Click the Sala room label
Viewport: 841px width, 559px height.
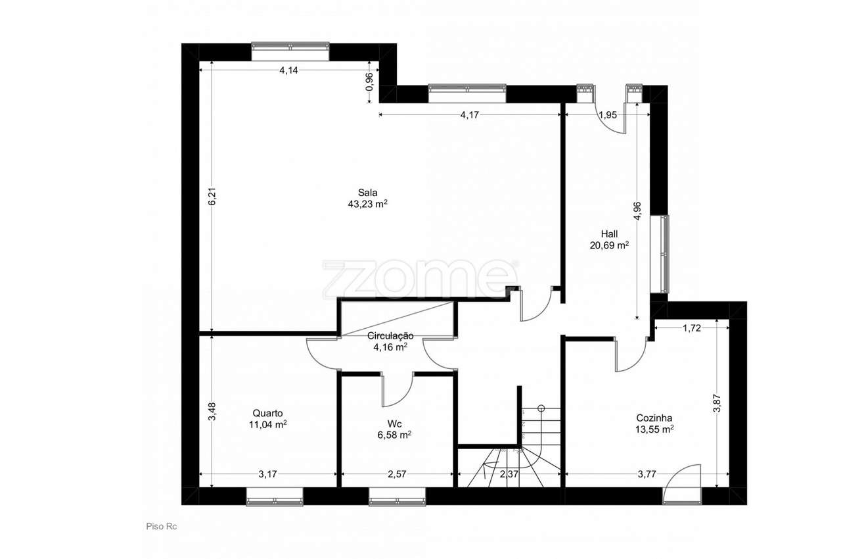(x=367, y=193)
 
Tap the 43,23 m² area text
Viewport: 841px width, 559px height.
(x=367, y=204)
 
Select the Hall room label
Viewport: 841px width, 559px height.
(x=609, y=234)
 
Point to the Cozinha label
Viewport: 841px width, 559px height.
(x=654, y=418)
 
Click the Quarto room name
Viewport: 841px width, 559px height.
(x=267, y=413)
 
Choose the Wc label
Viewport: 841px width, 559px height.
(x=395, y=424)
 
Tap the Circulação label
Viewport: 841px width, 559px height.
(x=390, y=336)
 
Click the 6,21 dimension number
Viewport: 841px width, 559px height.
(x=212, y=196)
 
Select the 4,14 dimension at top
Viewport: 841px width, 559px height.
(x=288, y=70)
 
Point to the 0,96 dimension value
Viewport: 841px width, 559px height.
(x=369, y=82)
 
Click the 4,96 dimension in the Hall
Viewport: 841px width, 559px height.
(x=637, y=211)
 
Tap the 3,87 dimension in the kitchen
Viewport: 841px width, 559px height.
(x=717, y=404)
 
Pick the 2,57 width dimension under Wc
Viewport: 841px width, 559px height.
(x=397, y=474)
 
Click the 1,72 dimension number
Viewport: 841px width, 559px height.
(x=692, y=328)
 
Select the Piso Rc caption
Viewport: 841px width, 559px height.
(x=162, y=526)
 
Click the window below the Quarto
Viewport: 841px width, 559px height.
(x=275, y=497)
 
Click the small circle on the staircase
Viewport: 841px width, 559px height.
(x=541, y=408)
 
